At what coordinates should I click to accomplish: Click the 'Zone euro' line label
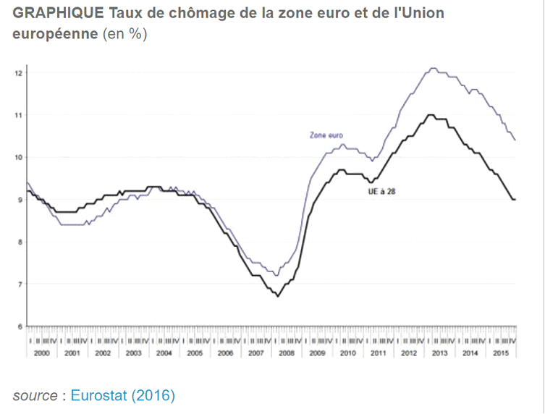[x=326, y=135]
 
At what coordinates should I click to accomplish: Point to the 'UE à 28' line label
[x=382, y=192]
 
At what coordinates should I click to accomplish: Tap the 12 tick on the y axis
[x=19, y=73]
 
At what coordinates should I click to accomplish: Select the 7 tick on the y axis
[x=20, y=284]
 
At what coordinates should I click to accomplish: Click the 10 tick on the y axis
[x=19, y=157]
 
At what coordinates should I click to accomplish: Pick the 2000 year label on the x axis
[x=41, y=352]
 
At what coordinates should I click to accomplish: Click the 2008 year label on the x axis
[x=286, y=352]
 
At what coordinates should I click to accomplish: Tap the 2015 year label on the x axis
[x=500, y=352]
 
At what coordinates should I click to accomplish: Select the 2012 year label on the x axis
[x=408, y=352]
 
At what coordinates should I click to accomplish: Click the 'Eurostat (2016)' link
[x=122, y=395]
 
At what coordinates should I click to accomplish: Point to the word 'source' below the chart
[x=35, y=395]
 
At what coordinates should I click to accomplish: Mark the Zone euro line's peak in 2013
[x=433, y=69]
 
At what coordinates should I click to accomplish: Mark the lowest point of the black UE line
[x=278, y=296]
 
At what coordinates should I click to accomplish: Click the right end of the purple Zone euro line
[x=515, y=140]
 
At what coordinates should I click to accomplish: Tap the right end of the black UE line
[x=515, y=199]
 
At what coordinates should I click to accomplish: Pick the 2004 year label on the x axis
[x=164, y=352]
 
